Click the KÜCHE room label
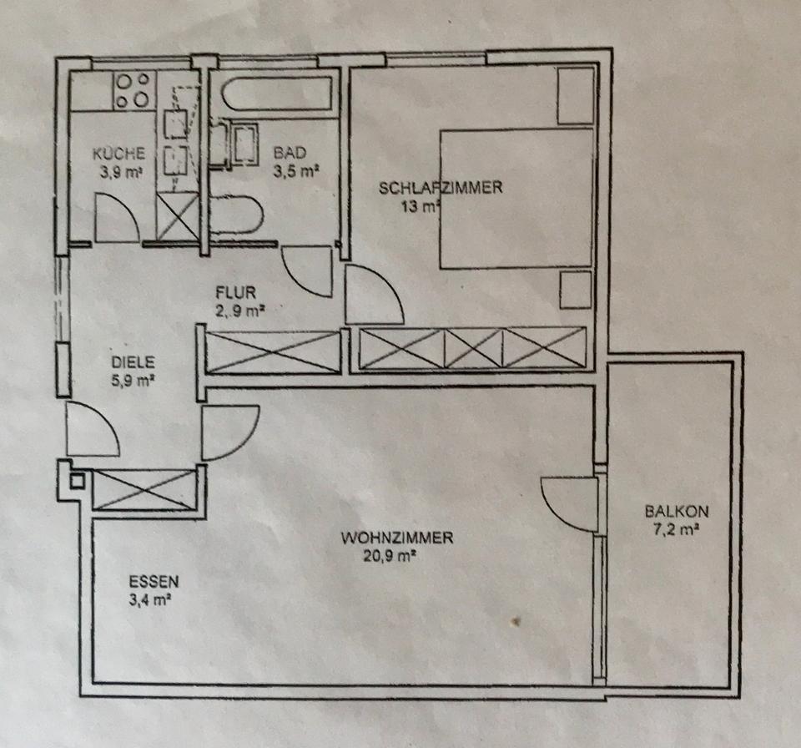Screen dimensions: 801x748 (x=119, y=153)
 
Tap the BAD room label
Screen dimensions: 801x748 (x=290, y=153)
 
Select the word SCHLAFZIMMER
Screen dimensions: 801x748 (x=441, y=187)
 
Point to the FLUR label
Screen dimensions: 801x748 (x=234, y=292)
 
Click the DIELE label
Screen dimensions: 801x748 (x=133, y=363)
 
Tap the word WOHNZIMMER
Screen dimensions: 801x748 (x=397, y=538)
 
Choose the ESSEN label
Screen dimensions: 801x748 (x=154, y=581)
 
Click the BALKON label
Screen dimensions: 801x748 (x=670, y=512)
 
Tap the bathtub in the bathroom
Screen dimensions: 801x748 (x=278, y=93)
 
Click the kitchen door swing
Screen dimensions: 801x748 (x=115, y=218)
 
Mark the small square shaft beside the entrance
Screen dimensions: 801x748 (x=77, y=481)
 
